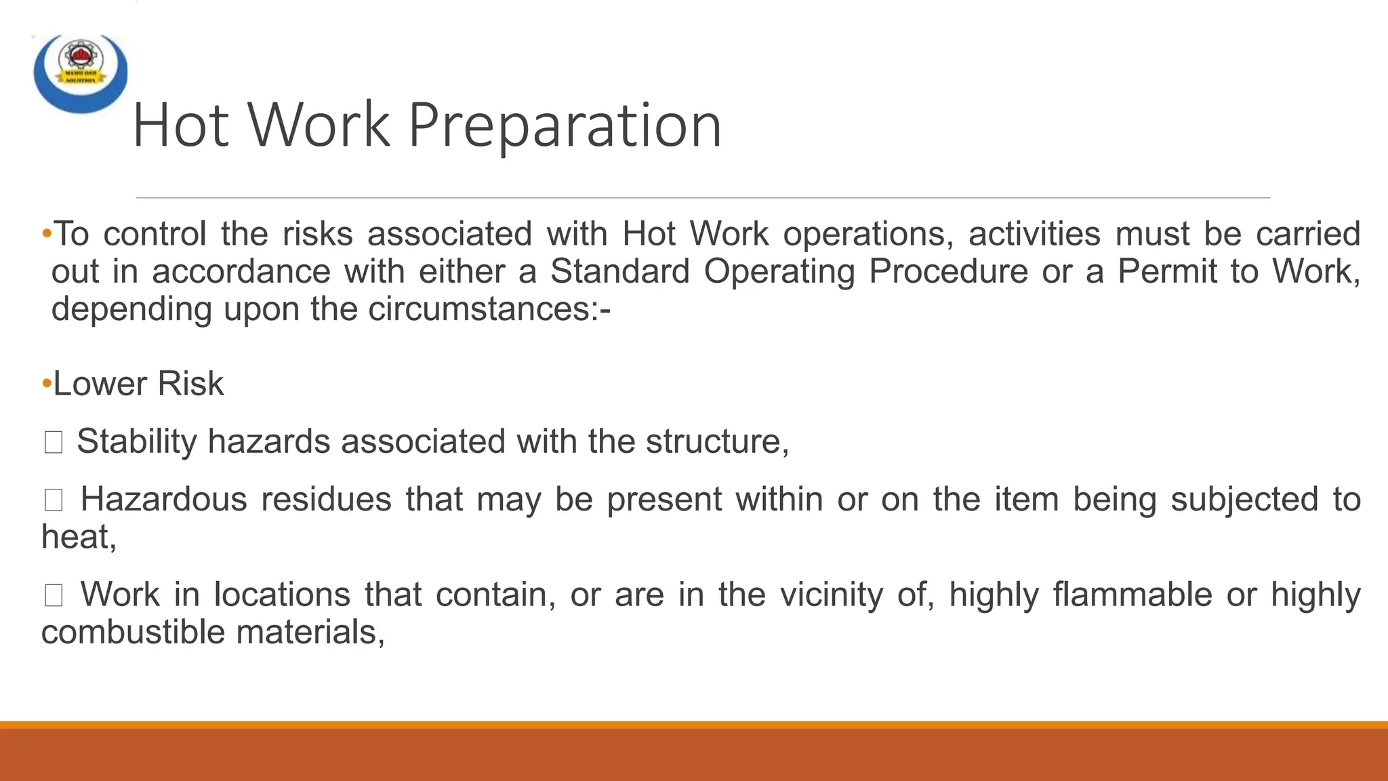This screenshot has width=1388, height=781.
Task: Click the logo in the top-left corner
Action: pyautogui.click(x=80, y=72)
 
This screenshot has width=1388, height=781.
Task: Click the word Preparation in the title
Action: pyautogui.click(x=565, y=125)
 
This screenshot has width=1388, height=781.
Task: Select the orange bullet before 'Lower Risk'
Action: pyautogui.click(x=47, y=384)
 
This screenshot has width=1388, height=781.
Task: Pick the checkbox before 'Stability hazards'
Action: pyautogui.click(x=54, y=443)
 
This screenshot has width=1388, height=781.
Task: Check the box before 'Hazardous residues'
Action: pyautogui.click(x=54, y=500)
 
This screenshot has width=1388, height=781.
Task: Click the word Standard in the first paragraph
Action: pyautogui.click(x=619, y=272)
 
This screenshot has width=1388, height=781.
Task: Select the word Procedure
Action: pyautogui.click(x=948, y=272)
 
